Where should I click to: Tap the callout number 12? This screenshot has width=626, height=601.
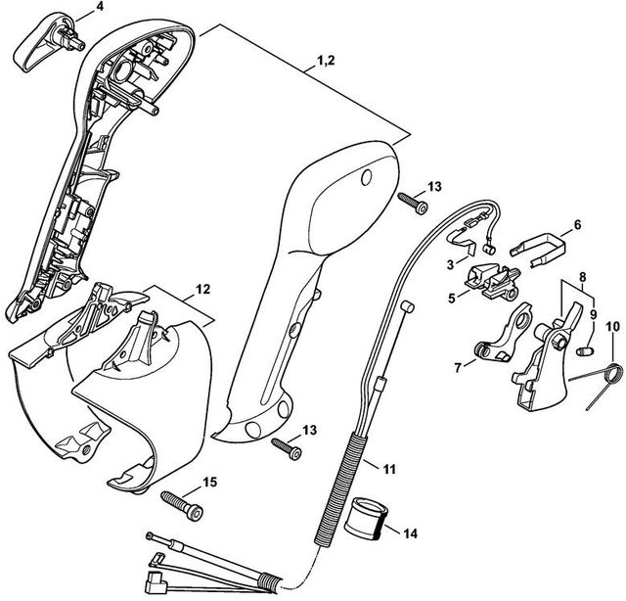point(202,290)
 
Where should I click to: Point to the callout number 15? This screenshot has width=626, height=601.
point(209,481)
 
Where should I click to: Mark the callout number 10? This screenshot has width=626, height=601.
point(612,326)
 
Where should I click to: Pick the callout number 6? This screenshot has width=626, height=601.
point(577,224)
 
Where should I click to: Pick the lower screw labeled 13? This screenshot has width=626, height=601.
point(287,446)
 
